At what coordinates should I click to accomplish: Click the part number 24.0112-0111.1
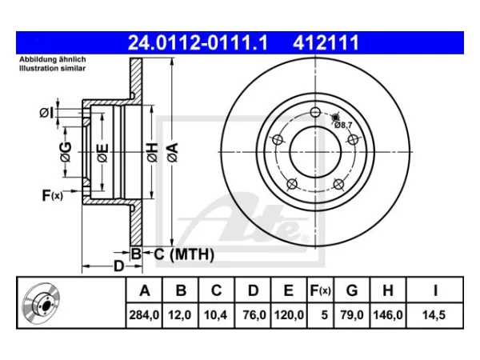click(x=198, y=43)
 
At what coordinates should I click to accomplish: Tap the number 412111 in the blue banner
click(x=326, y=43)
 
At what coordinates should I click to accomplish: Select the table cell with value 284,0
click(x=144, y=315)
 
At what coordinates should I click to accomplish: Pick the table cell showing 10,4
click(x=216, y=315)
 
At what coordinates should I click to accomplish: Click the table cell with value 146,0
click(x=388, y=315)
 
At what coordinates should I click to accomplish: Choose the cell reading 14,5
click(x=434, y=315)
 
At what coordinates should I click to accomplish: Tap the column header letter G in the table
click(x=352, y=290)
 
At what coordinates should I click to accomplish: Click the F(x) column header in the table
click(x=320, y=290)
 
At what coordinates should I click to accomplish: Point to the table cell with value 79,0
click(x=352, y=315)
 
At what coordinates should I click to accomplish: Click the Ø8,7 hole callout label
click(x=343, y=125)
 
